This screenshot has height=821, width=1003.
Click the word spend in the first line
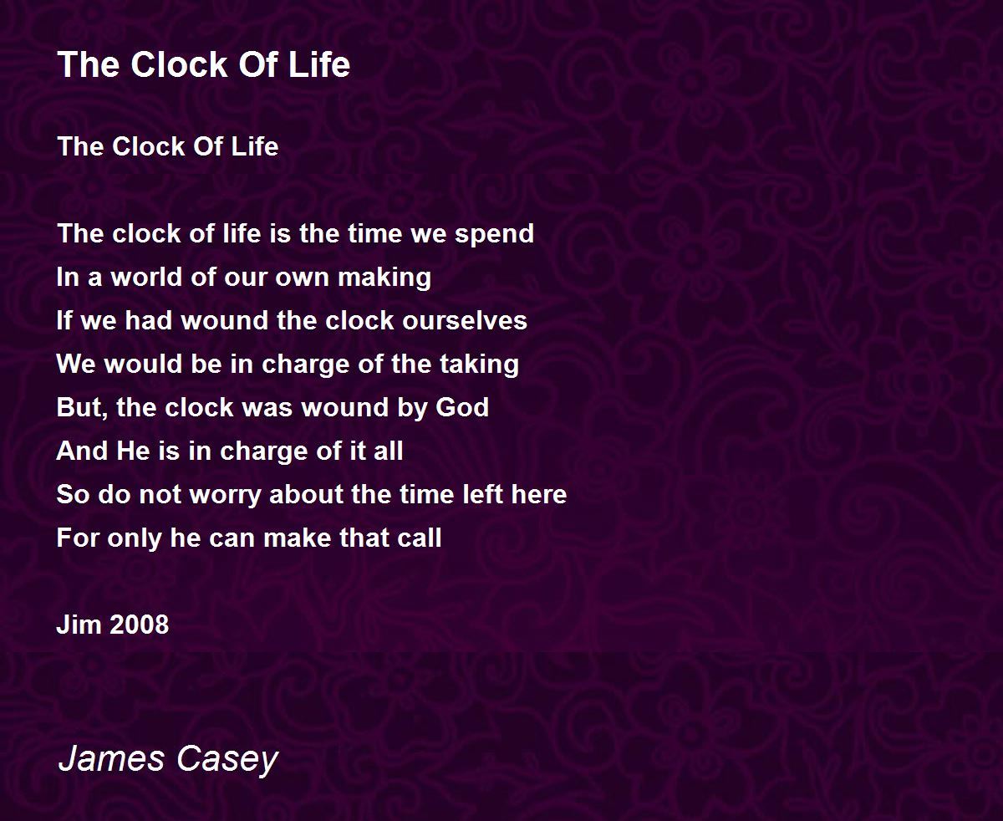click(494, 234)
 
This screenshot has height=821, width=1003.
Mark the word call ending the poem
click(422, 538)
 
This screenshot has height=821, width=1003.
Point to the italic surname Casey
click(226, 759)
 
